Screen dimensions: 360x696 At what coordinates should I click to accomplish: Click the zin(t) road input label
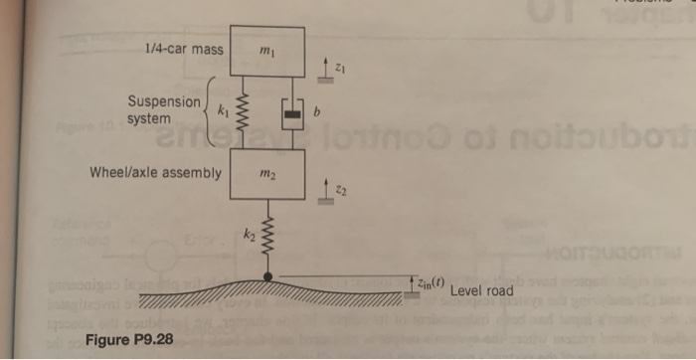[429, 284]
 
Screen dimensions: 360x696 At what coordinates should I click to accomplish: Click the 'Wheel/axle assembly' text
[155, 172]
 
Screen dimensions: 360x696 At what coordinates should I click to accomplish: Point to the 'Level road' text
[481, 291]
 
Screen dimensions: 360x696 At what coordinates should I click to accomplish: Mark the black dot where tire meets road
[266, 276]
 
